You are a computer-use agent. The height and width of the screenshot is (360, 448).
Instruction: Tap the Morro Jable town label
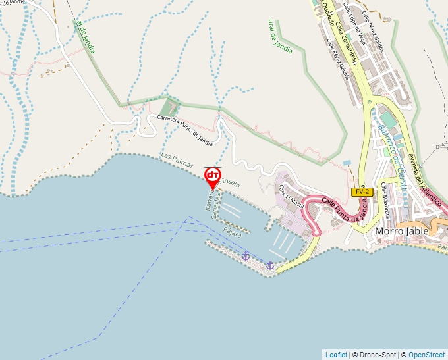point(402,231)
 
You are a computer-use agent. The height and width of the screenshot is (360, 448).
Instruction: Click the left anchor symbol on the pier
point(245,255)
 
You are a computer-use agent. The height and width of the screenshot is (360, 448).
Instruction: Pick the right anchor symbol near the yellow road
point(269,265)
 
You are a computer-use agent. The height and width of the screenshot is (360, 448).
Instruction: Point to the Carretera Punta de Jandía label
point(185,130)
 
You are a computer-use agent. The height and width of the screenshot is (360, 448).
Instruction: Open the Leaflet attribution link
point(336,355)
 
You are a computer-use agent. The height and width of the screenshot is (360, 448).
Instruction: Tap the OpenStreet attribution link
point(426,355)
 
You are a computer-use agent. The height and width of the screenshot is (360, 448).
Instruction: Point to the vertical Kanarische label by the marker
point(208,204)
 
